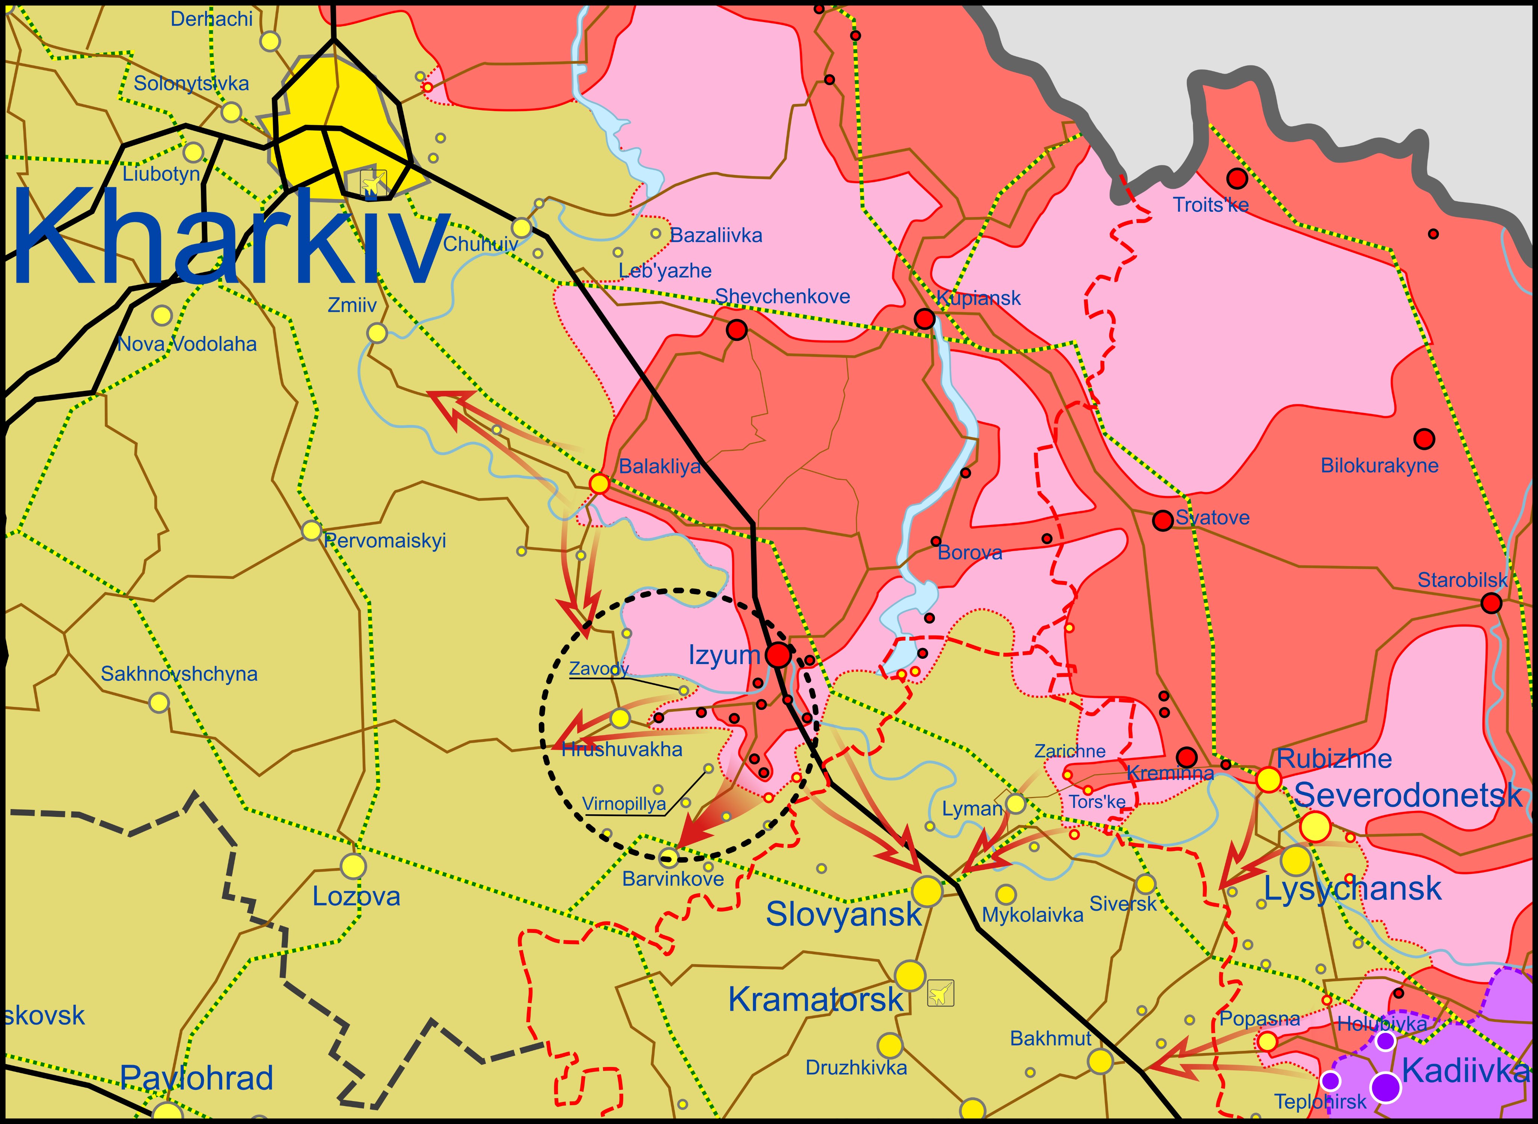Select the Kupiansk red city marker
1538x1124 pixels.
tap(924, 318)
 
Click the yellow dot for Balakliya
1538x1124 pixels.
tap(599, 484)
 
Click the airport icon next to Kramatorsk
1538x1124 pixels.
tap(941, 993)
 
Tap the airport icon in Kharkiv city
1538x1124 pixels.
tap(373, 182)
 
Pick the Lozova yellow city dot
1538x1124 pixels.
tap(353, 866)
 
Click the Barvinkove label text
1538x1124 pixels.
tap(672, 879)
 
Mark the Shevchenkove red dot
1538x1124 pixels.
tap(736, 330)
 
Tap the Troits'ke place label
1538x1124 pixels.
tap(1211, 205)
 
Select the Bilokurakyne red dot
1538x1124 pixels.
tap(1424, 439)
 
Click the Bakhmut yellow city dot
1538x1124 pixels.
tap(1100, 1061)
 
